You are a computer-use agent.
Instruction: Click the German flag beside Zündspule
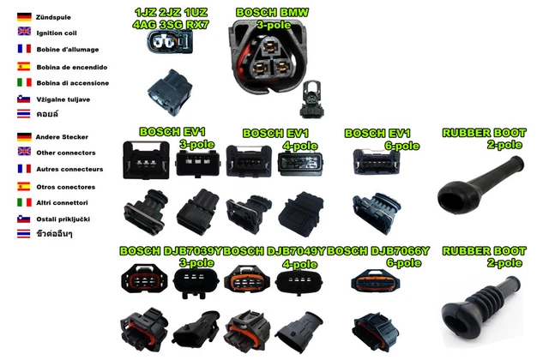pyautogui.click(x=24, y=16)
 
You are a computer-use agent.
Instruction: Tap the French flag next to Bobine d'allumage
pyautogui.click(x=24, y=49)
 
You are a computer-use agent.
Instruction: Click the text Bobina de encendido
pyautogui.click(x=72, y=66)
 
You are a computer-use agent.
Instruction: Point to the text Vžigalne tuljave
pyautogui.click(x=63, y=99)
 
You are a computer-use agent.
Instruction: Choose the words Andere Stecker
pyautogui.click(x=62, y=136)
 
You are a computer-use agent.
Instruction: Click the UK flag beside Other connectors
pyautogui.click(x=24, y=153)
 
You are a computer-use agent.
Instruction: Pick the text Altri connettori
pyautogui.click(x=63, y=202)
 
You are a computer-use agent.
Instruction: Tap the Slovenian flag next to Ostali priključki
pyautogui.click(x=24, y=219)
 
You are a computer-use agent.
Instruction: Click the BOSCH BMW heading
pyautogui.click(x=272, y=12)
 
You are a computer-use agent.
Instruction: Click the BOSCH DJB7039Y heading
pyautogui.click(x=171, y=251)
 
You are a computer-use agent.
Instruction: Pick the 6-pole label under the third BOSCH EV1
pyautogui.click(x=402, y=146)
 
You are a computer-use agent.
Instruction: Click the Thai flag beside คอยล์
pyautogui.click(x=24, y=114)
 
